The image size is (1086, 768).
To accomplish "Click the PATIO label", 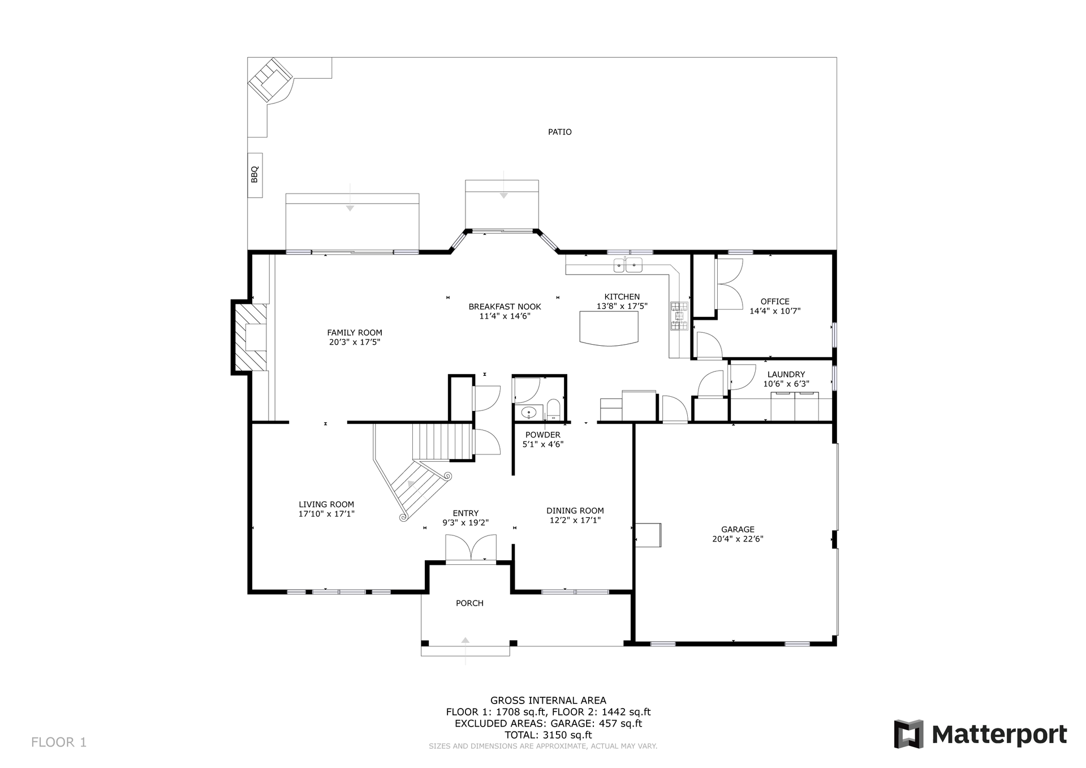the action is pos(559,132).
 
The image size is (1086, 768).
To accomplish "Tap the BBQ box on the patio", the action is pos(255,175).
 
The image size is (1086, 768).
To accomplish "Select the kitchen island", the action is pos(609,328).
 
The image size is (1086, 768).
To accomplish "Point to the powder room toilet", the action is pos(553,409).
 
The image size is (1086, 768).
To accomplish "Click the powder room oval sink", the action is pos(529,413).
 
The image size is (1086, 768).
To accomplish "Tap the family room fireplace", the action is pos(250,337).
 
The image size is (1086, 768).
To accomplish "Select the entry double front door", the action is pos(471,548).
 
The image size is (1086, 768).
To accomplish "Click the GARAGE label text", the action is pos(738,530).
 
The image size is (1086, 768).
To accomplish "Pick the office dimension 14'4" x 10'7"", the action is pos(775,311).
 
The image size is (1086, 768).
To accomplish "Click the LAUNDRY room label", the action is pos(786,374).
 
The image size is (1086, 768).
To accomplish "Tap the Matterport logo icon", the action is pos(908,734).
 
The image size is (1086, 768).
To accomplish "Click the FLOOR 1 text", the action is pos(59,742).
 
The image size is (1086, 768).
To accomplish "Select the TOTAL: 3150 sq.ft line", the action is pos(548,735).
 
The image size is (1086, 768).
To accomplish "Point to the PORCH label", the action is pos(469,603).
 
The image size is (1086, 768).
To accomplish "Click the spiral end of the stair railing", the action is pos(403,517).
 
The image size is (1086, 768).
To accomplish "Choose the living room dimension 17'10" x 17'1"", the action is pos(326,514).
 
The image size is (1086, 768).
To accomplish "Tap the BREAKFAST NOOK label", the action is pos(505,307).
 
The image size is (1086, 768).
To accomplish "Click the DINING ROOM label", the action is pos(575,510).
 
